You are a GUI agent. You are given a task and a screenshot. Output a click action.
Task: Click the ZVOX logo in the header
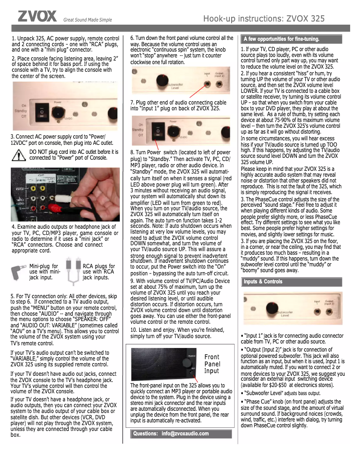click(x=37, y=17)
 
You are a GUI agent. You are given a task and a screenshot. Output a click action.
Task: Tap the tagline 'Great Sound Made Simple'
click(x=88, y=20)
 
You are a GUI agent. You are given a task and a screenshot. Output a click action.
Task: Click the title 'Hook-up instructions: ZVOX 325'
click(x=264, y=18)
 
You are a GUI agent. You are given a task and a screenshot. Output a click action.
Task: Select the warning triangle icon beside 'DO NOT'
click(x=19, y=155)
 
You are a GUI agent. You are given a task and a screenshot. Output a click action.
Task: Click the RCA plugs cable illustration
click(x=72, y=272)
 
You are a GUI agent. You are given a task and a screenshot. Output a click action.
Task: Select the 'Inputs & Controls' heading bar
click(x=263, y=282)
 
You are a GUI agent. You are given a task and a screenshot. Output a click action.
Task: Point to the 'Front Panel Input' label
click(x=212, y=364)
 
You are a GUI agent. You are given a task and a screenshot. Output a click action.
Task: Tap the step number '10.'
click(x=135, y=330)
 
